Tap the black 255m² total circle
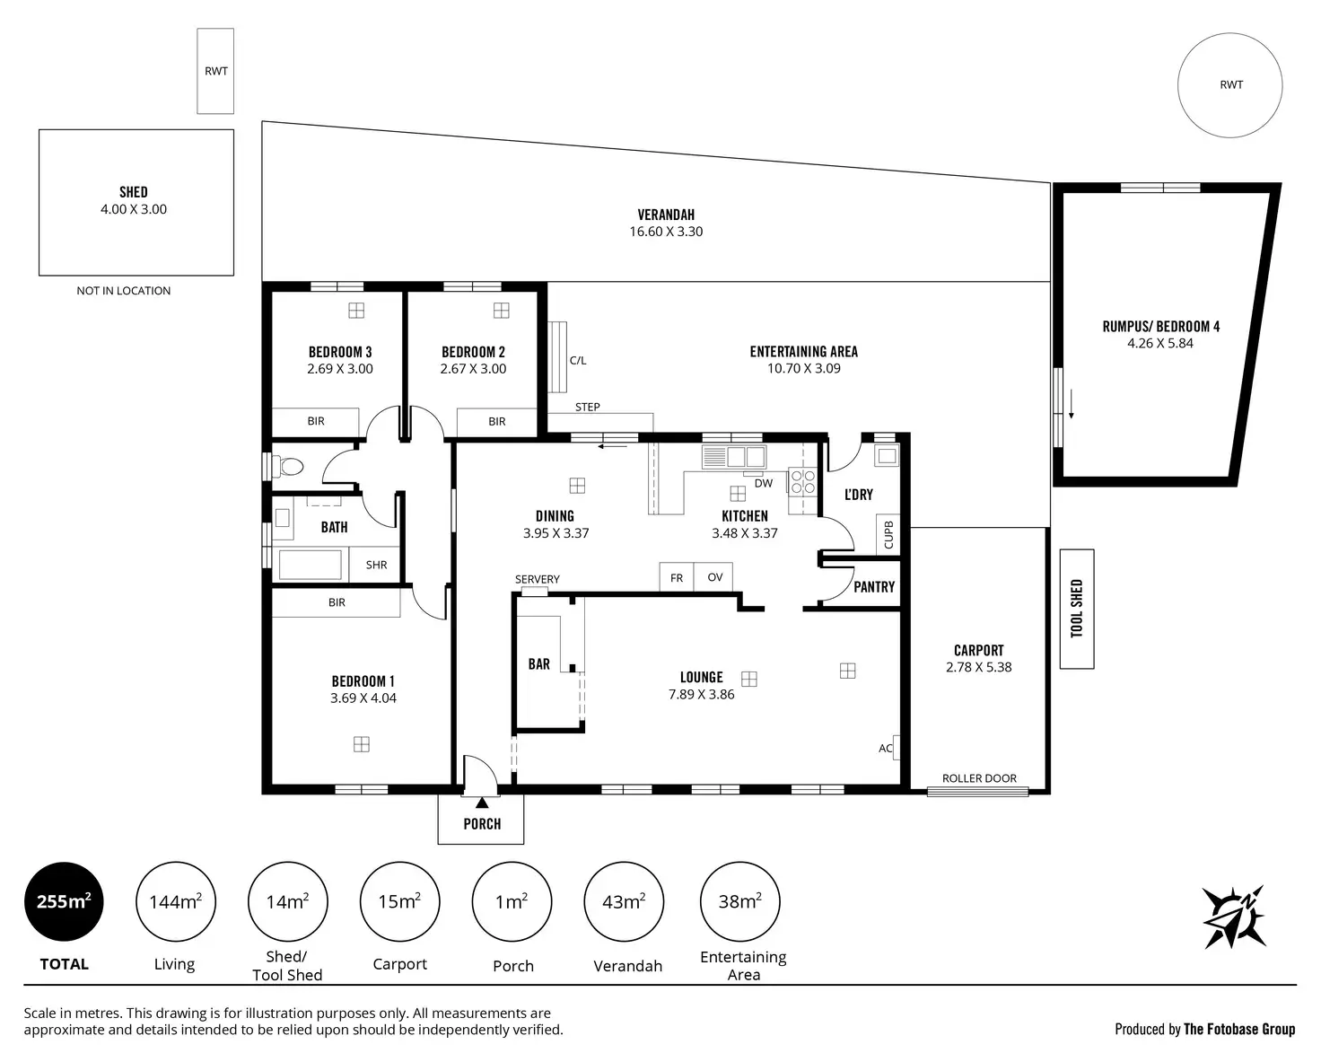pyautogui.click(x=64, y=901)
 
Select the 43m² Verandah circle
pyautogui.click(x=624, y=901)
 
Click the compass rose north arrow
pyautogui.click(x=1234, y=917)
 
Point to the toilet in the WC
pyautogui.click(x=287, y=467)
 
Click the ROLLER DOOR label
pyautogui.click(x=979, y=778)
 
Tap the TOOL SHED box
pyautogui.click(x=1077, y=609)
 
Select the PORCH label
pyautogui.click(x=482, y=824)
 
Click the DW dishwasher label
pyautogui.click(x=764, y=483)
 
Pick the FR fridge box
pyautogui.click(x=677, y=576)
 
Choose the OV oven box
pyautogui.click(x=713, y=576)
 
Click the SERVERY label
pyautogui.click(x=538, y=579)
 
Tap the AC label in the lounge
pyautogui.click(x=885, y=748)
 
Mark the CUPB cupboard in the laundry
pyautogui.click(x=888, y=534)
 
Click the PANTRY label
pyautogui.click(x=874, y=586)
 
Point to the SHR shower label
pyautogui.click(x=376, y=565)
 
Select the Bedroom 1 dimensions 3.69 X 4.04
pyautogui.click(x=363, y=698)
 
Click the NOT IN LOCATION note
pyautogui.click(x=123, y=291)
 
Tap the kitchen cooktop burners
pyautogui.click(x=802, y=481)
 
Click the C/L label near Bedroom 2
pyautogui.click(x=578, y=361)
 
